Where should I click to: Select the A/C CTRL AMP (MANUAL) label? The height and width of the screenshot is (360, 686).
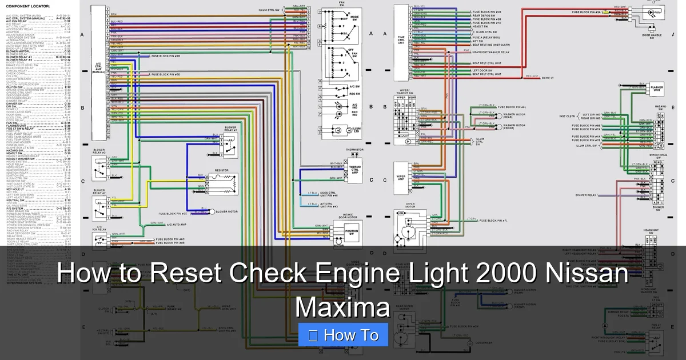pos(98,67)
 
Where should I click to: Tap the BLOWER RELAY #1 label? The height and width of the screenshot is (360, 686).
pos(230,129)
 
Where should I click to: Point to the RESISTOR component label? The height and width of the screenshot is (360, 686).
pos(222,170)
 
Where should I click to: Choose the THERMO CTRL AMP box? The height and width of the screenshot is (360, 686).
pos(355,170)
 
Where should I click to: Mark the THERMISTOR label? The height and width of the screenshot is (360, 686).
pos(354,150)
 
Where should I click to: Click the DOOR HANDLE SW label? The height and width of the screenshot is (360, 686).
pos(652,36)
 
